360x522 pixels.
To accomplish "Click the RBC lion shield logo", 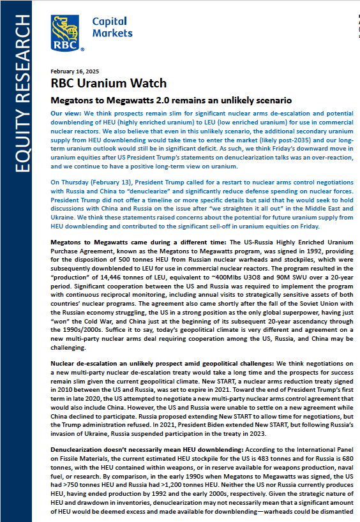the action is click(x=66, y=32).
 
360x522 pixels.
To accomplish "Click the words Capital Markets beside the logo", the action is click(x=112, y=27).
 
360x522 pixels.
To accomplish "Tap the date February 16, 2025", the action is click(x=74, y=71).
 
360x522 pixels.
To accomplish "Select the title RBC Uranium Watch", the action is click(x=109, y=84).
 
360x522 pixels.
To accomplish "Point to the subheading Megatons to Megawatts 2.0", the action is click(x=171, y=100).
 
